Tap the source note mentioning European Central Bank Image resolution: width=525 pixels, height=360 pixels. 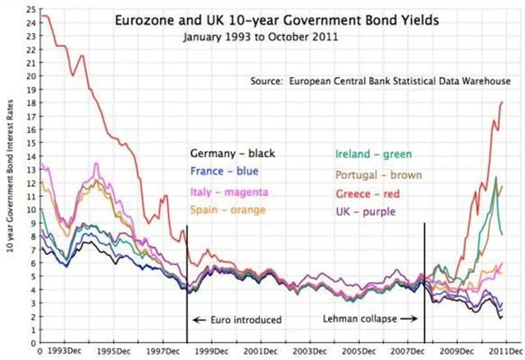[x=381, y=82]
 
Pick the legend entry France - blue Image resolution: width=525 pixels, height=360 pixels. [x=224, y=171]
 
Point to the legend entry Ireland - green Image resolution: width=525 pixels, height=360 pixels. [x=373, y=153]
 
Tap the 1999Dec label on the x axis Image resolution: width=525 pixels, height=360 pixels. [x=209, y=351]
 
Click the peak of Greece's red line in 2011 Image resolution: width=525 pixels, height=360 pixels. [x=501, y=102]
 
